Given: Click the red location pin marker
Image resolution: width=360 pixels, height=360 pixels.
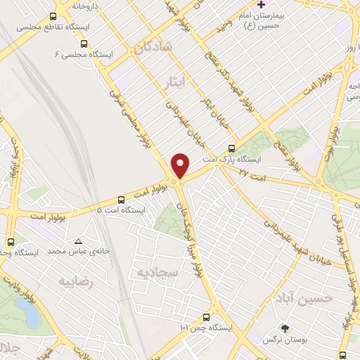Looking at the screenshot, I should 181,165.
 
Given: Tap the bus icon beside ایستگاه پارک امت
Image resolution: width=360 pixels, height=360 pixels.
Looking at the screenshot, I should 231,148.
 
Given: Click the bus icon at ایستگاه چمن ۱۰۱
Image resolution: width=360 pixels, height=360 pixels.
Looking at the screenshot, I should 206,317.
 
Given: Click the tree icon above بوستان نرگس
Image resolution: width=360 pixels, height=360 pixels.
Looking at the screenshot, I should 284,328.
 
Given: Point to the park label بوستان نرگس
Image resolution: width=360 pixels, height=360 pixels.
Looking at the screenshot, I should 282,340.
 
